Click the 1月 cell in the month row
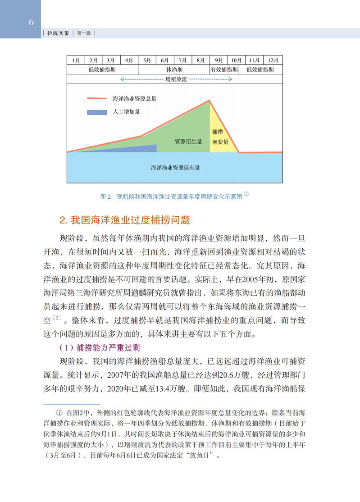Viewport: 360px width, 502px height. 76,60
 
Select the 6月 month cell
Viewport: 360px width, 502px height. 165,60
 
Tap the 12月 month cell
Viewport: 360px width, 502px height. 273,60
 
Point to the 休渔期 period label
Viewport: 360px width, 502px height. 174,70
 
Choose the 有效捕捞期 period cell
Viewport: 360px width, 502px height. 223,70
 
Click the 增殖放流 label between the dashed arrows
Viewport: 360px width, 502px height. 176,79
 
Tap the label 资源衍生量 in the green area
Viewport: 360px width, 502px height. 188,141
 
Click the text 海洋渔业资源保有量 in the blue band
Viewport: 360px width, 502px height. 175,168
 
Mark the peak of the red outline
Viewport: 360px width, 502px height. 210,100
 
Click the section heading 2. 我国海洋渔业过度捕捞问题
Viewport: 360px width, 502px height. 125,220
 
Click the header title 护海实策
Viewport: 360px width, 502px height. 59,34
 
